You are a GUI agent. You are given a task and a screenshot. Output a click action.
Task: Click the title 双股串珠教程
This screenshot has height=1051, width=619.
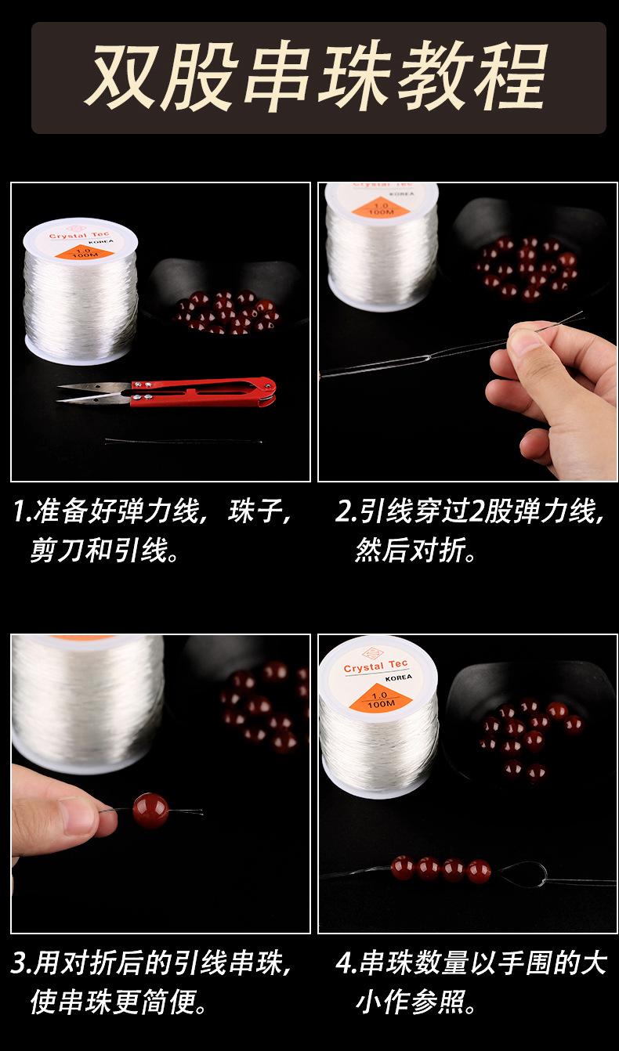point(316,77)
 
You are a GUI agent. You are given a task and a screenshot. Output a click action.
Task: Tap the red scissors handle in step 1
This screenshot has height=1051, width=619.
point(202,391)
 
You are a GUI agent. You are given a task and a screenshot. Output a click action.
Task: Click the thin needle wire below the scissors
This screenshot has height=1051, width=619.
point(183,441)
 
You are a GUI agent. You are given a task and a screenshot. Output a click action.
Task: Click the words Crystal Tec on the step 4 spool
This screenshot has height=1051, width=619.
point(375,666)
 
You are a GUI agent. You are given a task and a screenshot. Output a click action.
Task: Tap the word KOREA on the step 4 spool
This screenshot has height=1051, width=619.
point(398,677)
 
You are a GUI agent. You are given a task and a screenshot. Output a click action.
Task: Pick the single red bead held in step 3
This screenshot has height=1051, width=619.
point(150,811)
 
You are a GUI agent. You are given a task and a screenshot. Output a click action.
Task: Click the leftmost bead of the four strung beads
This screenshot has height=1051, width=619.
point(403,868)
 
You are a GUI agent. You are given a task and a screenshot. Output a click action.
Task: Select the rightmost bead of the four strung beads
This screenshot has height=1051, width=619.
point(479,872)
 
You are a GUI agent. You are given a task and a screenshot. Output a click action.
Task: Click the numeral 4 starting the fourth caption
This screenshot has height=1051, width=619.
point(345,963)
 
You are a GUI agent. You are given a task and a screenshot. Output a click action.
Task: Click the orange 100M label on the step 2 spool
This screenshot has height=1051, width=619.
point(381,208)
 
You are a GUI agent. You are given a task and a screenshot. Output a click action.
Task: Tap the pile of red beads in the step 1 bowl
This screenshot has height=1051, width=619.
point(227,312)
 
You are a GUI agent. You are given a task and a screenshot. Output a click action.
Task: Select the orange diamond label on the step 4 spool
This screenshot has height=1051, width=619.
point(380,698)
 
